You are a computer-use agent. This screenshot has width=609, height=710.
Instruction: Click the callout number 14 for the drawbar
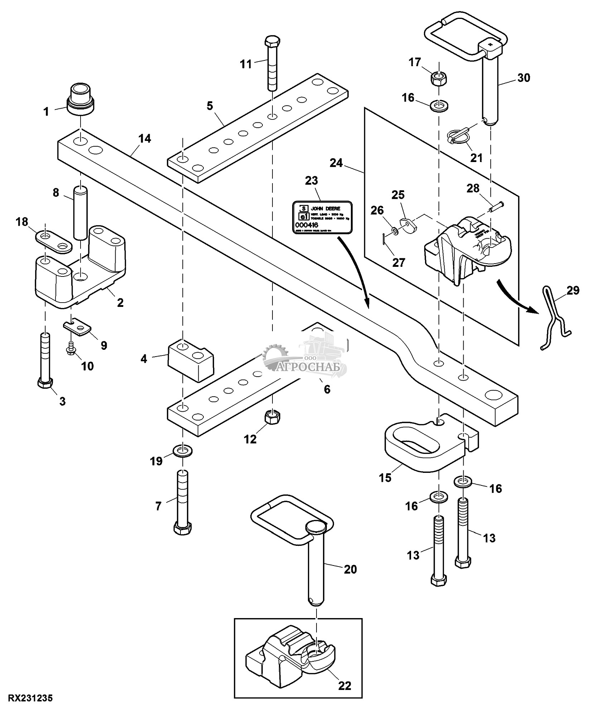coord(145,138)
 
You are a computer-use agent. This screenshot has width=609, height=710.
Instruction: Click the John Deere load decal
coord(323,217)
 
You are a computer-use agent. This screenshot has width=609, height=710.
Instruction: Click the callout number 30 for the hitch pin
coord(524,78)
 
